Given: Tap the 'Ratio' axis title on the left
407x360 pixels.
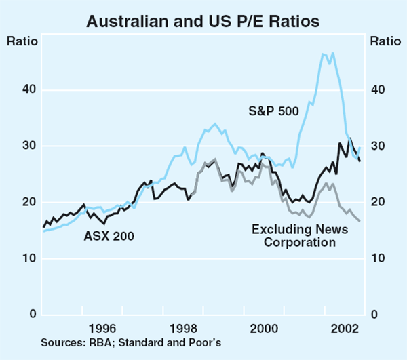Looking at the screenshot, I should (22, 40).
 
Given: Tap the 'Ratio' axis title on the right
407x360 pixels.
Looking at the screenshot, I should (385, 40).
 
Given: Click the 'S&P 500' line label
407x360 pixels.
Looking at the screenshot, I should (272, 112).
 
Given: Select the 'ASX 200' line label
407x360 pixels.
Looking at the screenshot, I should (109, 237).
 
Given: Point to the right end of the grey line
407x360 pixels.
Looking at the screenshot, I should (360, 221).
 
